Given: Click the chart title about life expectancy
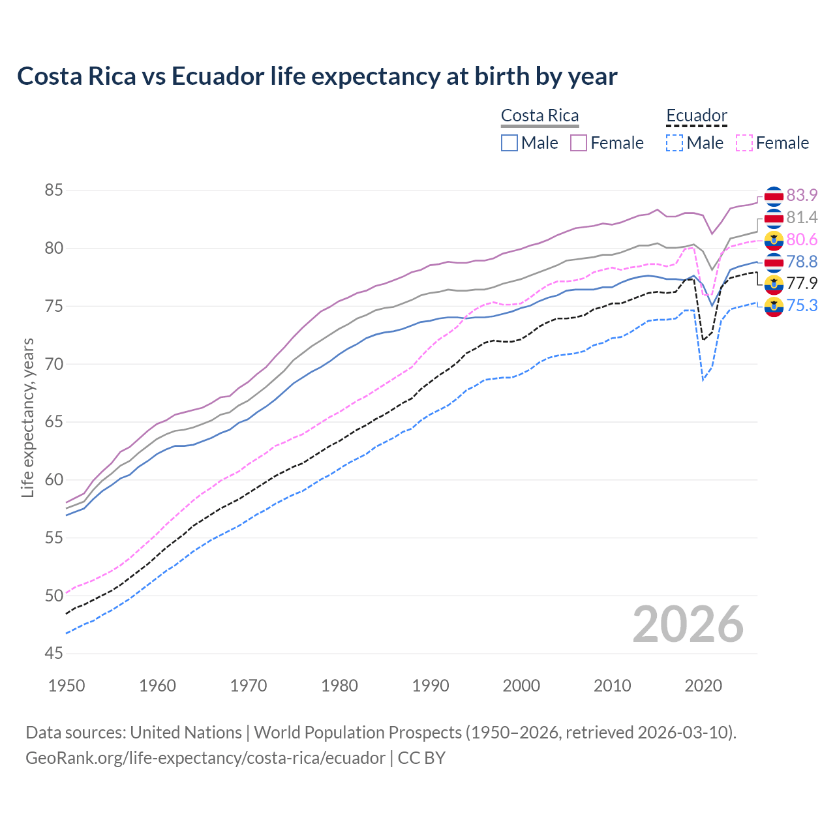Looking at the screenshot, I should pyautogui.click(x=317, y=76).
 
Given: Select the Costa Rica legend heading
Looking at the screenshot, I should pyautogui.click(x=539, y=115).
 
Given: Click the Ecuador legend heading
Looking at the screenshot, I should pyautogui.click(x=696, y=115).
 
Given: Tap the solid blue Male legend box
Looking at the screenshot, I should pyautogui.click(x=509, y=143).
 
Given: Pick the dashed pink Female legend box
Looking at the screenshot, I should pyautogui.click(x=744, y=143).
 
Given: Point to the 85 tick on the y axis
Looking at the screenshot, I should pyautogui.click(x=54, y=190).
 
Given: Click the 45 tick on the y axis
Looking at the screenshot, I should pyautogui.click(x=54, y=654).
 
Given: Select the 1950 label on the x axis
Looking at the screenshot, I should pyautogui.click(x=67, y=686).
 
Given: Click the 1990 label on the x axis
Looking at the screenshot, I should pyautogui.click(x=431, y=686).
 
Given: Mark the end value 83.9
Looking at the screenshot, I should pyautogui.click(x=802, y=195).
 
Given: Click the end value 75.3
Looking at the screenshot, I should pyautogui.click(x=802, y=305).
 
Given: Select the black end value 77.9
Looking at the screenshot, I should pyautogui.click(x=802, y=283).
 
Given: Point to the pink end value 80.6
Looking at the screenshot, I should pyautogui.click(x=802, y=239).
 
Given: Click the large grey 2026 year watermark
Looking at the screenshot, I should pyautogui.click(x=688, y=624).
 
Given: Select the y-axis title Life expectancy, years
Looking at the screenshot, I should pyautogui.click(x=28, y=417).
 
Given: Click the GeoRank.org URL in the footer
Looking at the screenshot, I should pyautogui.click(x=205, y=758).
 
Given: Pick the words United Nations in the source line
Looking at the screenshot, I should pyautogui.click(x=186, y=733).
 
